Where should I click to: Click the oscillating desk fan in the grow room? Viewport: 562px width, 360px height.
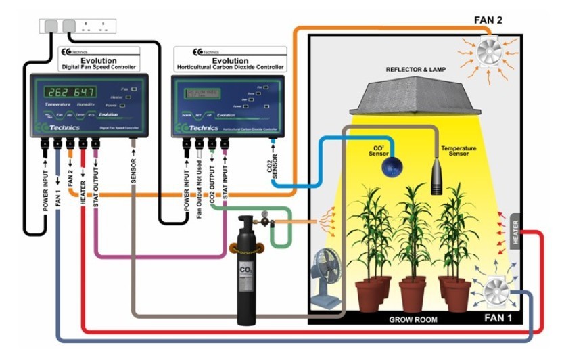coord(327,277)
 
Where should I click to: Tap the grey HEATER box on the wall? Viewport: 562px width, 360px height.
coord(516,233)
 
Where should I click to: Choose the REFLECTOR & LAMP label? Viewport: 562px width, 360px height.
coord(417,70)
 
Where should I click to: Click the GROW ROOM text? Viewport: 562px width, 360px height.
coord(413,319)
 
